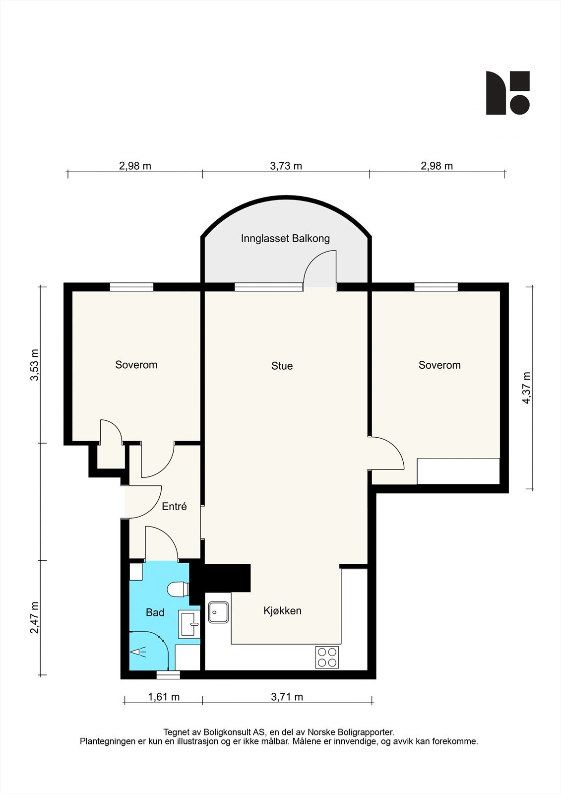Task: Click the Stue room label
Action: pos(282,366)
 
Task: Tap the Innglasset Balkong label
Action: pos(285,239)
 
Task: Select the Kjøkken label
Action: pos(282,611)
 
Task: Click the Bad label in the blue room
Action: pos(155,613)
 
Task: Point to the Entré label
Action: pos(175,507)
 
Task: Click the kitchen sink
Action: pos(219,612)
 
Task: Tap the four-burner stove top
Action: pos(327,658)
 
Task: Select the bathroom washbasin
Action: pos(188,624)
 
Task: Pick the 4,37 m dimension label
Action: pos(527,388)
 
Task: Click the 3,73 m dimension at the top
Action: pos(286,166)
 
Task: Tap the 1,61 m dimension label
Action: pos(164,697)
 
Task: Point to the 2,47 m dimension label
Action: pos(34,618)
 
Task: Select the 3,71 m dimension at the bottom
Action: pos(287,697)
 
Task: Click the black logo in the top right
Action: pos(507,93)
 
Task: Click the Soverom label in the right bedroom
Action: pos(439,365)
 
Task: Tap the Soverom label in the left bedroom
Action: pos(136,365)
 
